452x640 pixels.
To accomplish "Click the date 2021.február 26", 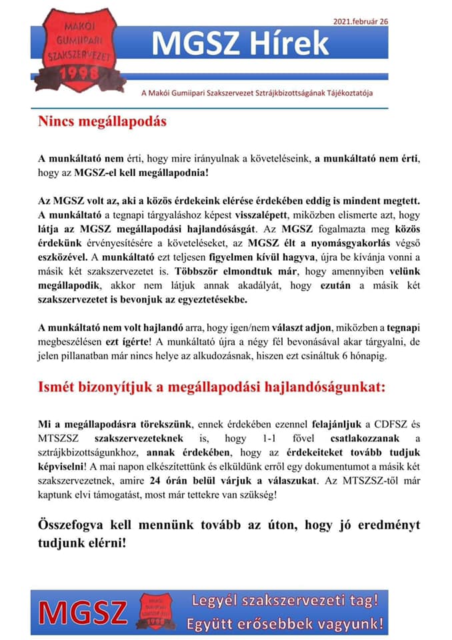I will coord(361,21).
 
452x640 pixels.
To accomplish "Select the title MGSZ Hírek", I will coord(240,43).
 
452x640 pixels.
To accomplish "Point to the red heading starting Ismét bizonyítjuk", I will coord(211,388).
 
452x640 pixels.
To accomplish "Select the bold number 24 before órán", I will coord(157,482).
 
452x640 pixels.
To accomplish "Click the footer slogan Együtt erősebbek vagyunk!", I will coord(285,624).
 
